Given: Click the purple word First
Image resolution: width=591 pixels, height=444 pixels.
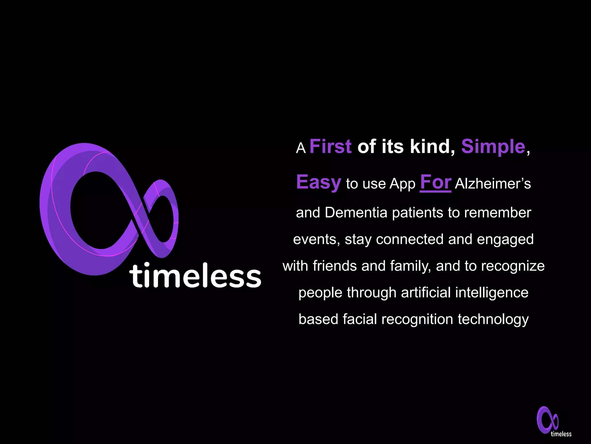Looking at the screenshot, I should click(330, 147).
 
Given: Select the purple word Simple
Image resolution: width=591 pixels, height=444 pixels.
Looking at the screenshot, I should click(493, 147).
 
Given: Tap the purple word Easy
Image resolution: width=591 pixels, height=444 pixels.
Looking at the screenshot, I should click(319, 182).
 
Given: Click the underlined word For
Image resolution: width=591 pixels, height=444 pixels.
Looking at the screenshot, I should click(435, 182).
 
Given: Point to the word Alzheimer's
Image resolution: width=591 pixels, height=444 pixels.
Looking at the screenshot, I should click(493, 184).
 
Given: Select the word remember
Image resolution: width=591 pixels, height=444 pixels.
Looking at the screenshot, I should click(498, 213).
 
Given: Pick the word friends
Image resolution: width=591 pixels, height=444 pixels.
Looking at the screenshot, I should click(335, 266).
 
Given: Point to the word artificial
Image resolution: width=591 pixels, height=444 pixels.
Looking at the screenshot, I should click(426, 293).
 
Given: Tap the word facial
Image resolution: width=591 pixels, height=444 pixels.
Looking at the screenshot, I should click(360, 319).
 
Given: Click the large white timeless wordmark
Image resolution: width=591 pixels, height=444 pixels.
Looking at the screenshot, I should click(195, 275).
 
